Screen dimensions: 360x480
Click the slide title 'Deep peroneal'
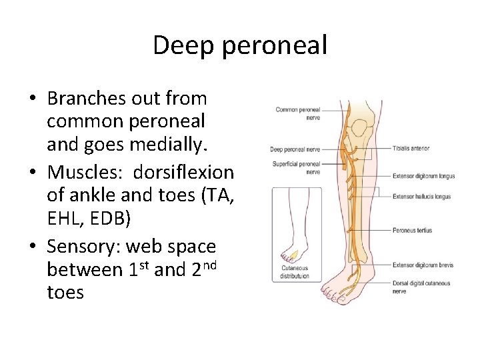point(240,45)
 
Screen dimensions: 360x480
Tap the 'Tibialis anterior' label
point(411,148)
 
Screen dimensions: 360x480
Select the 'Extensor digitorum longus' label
point(423,177)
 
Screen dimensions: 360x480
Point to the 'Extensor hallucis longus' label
point(421,197)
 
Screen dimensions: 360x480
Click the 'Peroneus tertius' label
point(412,231)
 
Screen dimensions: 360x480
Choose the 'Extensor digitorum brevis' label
point(423,265)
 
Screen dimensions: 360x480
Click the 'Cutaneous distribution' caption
point(295,272)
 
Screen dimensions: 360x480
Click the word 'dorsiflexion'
point(183,172)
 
